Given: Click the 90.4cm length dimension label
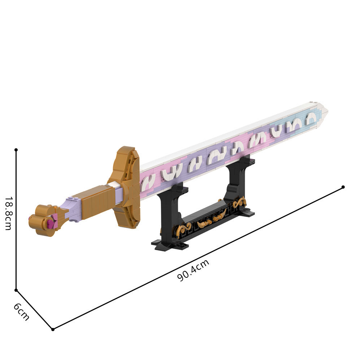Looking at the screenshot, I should pos(193,271).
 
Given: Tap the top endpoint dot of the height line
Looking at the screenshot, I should pos(16,149).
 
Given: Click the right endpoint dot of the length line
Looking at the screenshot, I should pos(343,187).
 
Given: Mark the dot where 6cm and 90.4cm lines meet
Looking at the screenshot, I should pos(53,329).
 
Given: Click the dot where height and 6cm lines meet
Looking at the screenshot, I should pos(16,290).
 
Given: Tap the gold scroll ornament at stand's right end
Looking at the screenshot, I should pos(239,203).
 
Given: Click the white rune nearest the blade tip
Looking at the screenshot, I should pos(310,119).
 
